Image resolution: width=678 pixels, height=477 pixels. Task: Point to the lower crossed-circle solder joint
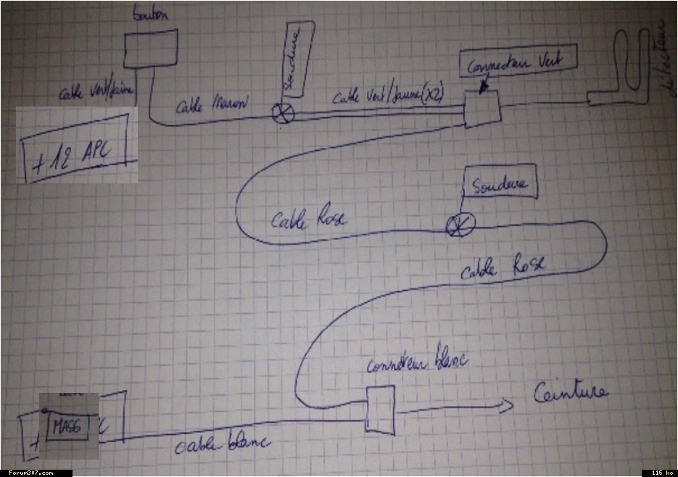point(460,226)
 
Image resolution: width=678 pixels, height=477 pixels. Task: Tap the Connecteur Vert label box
point(518,63)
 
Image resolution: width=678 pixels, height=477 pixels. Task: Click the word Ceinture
point(571,394)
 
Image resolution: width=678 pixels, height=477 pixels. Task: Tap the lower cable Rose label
point(502,269)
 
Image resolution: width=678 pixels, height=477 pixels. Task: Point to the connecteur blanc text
point(417,362)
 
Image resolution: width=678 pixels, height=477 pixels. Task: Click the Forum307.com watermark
point(27,473)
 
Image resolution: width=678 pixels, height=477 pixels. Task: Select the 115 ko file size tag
point(661,473)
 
